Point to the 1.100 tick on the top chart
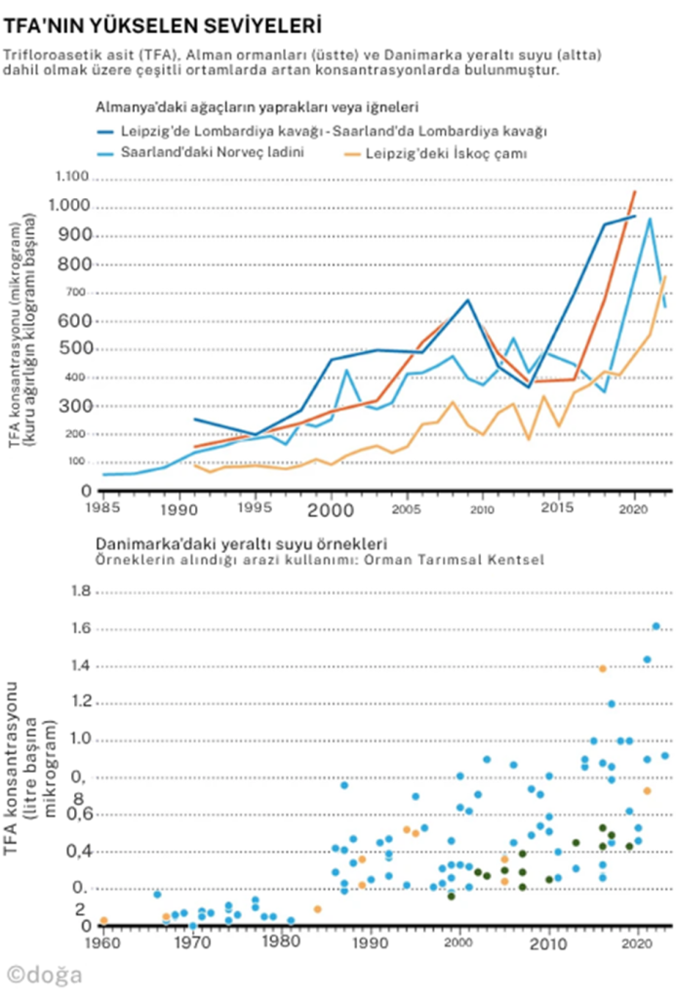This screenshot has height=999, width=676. [x=73, y=178]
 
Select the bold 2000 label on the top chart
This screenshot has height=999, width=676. [x=331, y=509]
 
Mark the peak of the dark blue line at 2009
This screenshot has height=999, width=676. [x=468, y=300]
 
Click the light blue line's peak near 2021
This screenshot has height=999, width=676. [x=650, y=219]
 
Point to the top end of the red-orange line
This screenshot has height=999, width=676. [x=634, y=191]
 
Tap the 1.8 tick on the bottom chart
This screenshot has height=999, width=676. [x=81, y=592]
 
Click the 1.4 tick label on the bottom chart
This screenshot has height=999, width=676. [x=81, y=665]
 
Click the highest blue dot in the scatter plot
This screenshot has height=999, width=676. [x=656, y=626]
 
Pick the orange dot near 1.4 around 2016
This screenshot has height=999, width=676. [x=603, y=668]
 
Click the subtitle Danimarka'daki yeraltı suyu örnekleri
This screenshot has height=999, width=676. [x=242, y=542]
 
